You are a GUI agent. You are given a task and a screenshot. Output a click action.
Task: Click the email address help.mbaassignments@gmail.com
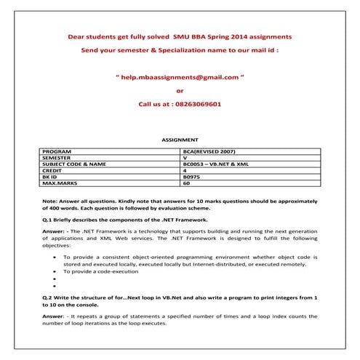pyautogui.click(x=180, y=76)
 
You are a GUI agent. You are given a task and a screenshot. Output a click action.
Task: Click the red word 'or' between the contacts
pyautogui.click(x=180, y=91)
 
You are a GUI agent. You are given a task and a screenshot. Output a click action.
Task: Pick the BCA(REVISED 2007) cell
pyautogui.click(x=210, y=151)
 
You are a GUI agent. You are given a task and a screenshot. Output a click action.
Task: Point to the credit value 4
pyautogui.click(x=185, y=171)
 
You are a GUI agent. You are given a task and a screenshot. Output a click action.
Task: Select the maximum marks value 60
pyautogui.click(x=186, y=184)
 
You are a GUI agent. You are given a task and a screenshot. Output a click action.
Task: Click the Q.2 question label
pyautogui.click(x=48, y=298)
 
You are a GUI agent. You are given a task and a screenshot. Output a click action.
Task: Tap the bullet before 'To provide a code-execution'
pyautogui.click(x=55, y=271)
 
